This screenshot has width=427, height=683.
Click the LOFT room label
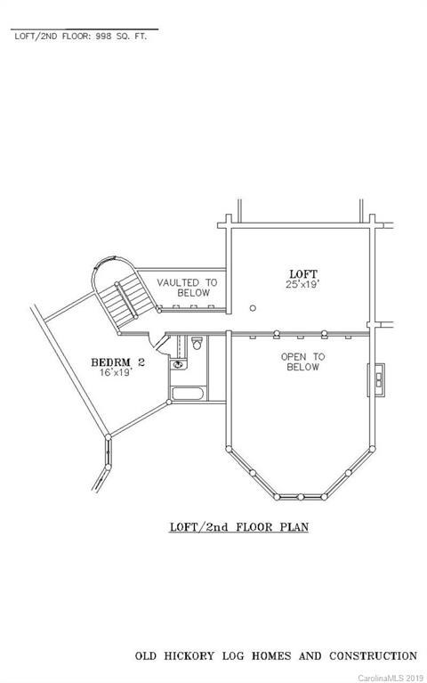[x=303, y=274]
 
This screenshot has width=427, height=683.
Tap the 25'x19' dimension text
[x=302, y=285]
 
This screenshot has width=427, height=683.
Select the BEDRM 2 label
[x=117, y=362]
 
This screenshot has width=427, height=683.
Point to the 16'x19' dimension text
[x=116, y=372]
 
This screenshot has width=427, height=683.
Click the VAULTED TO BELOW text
[x=187, y=288]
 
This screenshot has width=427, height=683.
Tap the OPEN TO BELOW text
[x=303, y=362]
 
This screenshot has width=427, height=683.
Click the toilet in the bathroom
[x=197, y=343]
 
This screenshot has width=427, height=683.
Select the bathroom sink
[x=178, y=363]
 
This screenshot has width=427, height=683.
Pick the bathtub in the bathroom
[x=188, y=394]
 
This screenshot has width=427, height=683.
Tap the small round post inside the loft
[x=253, y=308]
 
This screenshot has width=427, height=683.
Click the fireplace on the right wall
[x=376, y=380]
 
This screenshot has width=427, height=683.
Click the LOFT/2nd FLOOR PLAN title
[x=239, y=527]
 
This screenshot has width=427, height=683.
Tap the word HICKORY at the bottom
[x=189, y=656]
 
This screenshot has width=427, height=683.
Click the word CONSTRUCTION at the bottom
[x=373, y=656]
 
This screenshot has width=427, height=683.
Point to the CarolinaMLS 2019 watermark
[x=391, y=679]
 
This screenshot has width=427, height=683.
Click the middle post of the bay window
[x=301, y=497]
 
